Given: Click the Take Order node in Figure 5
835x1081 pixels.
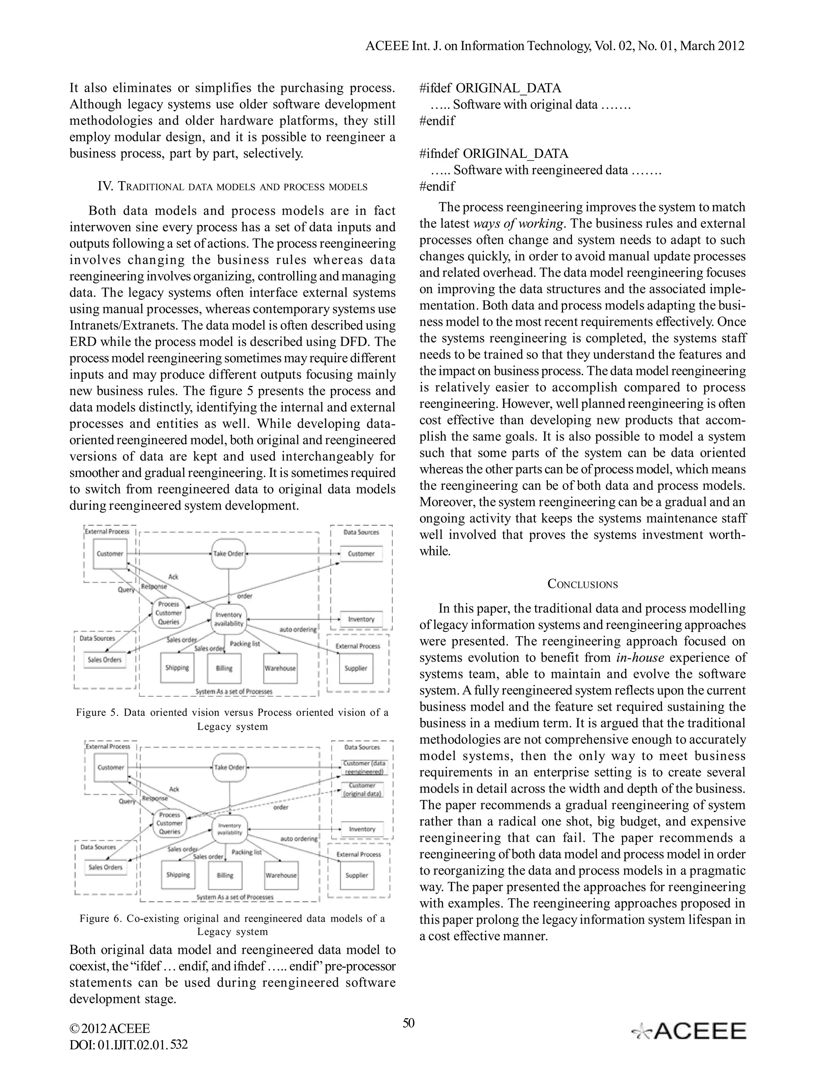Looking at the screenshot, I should coord(229,554).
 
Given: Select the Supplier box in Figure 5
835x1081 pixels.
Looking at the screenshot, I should coord(356,668).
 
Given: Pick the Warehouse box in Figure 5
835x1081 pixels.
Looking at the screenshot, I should coord(280,668).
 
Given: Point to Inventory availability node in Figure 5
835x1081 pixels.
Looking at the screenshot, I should coord(229,619).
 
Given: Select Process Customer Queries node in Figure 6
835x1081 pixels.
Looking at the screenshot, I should coord(170,823).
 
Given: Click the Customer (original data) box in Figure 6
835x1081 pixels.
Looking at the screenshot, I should coord(362,789).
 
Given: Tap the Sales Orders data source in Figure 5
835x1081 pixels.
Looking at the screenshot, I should coord(104,660).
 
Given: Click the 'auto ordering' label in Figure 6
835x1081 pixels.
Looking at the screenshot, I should coord(299,838).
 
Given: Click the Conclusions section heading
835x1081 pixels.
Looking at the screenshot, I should coord(582,584).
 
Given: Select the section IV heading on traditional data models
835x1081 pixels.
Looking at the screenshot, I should coord(232,186).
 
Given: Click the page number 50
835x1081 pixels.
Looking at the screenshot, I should coord(409,1023).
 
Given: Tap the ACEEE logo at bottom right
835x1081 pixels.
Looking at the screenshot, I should coord(689,1031).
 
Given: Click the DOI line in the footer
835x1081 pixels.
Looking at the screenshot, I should coord(128,1045).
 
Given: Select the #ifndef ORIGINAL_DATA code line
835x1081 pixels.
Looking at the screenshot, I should coord(494,154).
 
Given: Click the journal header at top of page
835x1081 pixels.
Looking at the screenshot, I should coord(554,46).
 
